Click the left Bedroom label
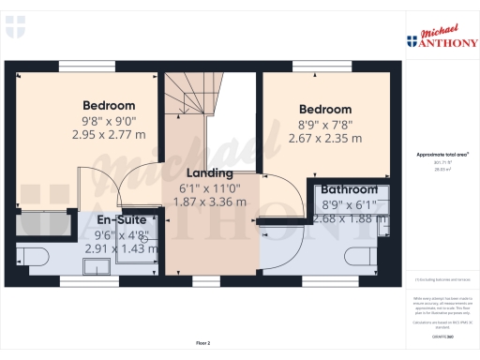click(x=109, y=105)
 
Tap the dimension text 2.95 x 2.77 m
click(x=109, y=134)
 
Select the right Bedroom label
click(x=325, y=110)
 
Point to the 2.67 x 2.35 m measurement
click(x=325, y=139)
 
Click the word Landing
click(x=210, y=173)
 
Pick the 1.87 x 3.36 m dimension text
click(x=212, y=202)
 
